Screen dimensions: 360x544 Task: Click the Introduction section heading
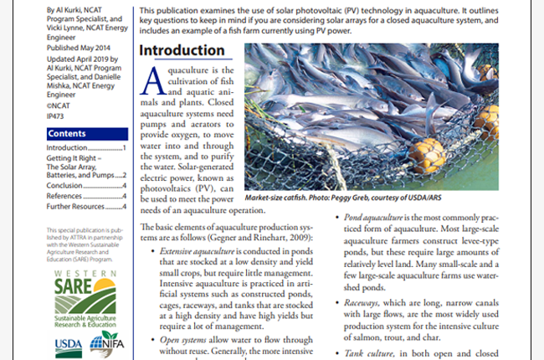(x=182, y=49)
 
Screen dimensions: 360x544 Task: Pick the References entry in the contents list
(x=66, y=196)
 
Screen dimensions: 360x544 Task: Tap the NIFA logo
(x=108, y=342)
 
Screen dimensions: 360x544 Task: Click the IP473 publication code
(x=57, y=117)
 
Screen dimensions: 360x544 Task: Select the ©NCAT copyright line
(x=59, y=107)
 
